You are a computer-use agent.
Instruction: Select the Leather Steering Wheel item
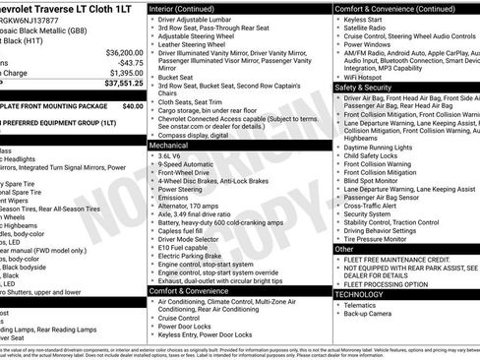coord(198,44)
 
